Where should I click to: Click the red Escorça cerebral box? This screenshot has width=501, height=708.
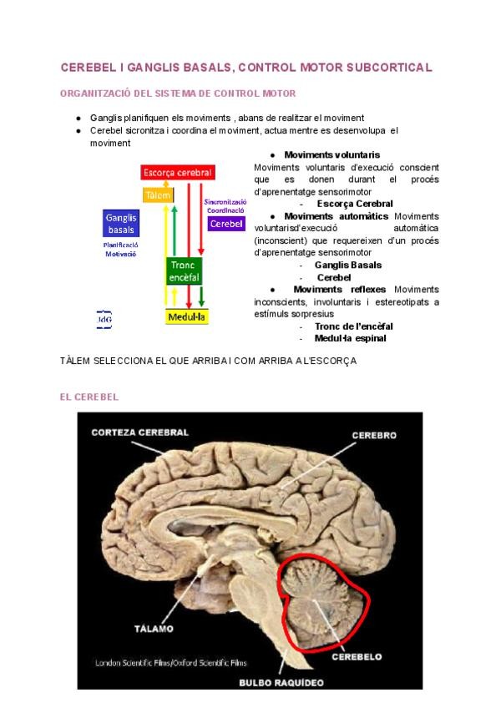pos(178,173)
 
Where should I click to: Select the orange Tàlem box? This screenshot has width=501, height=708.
pos(158,195)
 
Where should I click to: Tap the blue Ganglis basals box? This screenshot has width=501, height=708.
pos(121,224)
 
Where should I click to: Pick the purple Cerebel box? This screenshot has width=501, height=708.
pos(226,224)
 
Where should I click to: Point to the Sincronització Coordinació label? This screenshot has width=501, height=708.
pos(225,205)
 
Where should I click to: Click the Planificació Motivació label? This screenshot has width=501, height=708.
pos(121,249)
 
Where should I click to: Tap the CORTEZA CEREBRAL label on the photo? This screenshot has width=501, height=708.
pos(139,432)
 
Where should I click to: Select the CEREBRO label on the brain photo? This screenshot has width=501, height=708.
pos(373,436)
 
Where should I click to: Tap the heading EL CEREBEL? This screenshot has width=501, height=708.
pos(89,397)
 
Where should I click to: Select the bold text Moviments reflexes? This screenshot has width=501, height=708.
pos(339,290)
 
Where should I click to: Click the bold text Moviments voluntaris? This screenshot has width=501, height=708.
pos(331,155)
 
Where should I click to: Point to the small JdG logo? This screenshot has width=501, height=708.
pos(104,320)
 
